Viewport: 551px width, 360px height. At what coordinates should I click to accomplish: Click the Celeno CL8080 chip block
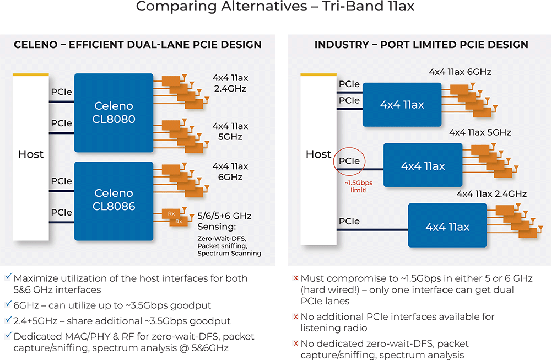pyautogui.click(x=114, y=113)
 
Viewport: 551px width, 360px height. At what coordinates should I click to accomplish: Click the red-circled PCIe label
pyautogui.click(x=349, y=161)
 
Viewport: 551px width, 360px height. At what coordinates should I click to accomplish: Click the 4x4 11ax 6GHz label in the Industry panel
pyautogui.click(x=460, y=72)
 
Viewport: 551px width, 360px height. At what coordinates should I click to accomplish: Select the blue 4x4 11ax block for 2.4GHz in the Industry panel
pyautogui.click(x=447, y=227)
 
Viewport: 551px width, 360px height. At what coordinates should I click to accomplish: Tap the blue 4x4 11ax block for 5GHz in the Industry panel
pyautogui.click(x=423, y=166)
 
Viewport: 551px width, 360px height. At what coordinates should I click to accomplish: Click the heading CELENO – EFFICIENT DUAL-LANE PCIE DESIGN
pyautogui.click(x=138, y=45)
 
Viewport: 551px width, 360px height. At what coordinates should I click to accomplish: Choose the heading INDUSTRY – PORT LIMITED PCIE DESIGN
pyautogui.click(x=422, y=45)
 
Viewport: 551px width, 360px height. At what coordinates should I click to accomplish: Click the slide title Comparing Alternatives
pyautogui.click(x=275, y=7)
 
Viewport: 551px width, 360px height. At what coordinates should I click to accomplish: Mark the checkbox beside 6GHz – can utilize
pyautogui.click(x=7, y=304)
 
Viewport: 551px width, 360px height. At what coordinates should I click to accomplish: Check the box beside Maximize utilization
pyautogui.click(x=7, y=278)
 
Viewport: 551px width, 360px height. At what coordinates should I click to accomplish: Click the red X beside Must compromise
pyautogui.click(x=295, y=278)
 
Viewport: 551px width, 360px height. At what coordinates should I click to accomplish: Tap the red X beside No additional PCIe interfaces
pyautogui.click(x=295, y=316)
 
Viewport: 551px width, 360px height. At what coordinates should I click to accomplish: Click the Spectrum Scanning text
pyautogui.click(x=229, y=253)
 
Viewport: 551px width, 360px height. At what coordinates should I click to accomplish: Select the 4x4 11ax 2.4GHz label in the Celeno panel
pyautogui.click(x=230, y=83)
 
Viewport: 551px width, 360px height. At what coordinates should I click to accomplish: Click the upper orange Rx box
pyautogui.click(x=170, y=213)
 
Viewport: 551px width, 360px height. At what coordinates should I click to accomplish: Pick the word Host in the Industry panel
pyautogui.click(x=318, y=154)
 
